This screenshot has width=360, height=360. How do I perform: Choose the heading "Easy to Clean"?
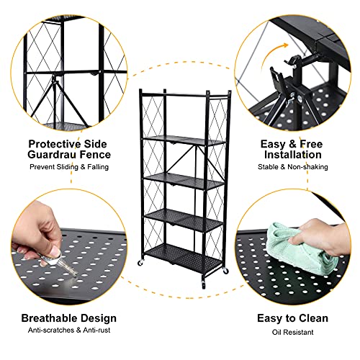tap(292, 318)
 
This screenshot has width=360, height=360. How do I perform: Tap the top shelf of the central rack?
tap(179, 140)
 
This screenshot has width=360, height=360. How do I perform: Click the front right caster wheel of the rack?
tap(225, 272)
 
